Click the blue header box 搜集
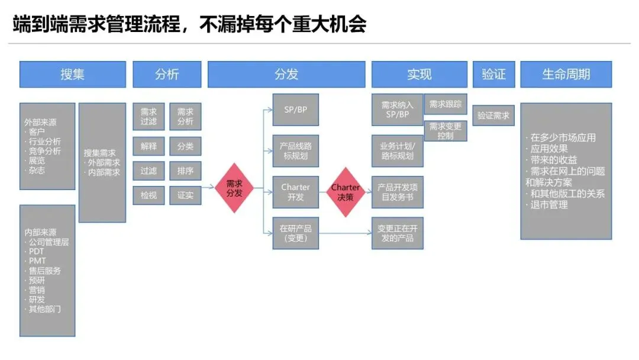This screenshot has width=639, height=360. (x=72, y=74)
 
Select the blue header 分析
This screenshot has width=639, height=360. (x=167, y=74)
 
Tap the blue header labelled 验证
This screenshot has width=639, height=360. (x=493, y=74)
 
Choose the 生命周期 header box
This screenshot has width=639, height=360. (x=566, y=74)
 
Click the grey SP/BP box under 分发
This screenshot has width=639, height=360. (x=295, y=110)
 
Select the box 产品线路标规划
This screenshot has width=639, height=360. (x=295, y=151)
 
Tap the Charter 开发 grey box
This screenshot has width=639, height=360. (x=295, y=192)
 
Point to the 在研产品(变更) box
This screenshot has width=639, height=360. (x=295, y=233)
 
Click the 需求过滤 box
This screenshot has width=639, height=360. (x=149, y=116)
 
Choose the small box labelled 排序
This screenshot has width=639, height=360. (x=185, y=171)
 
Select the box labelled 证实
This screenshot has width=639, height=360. (x=185, y=195)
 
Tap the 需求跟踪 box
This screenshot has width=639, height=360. (x=445, y=104)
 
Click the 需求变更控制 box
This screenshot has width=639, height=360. (x=445, y=130)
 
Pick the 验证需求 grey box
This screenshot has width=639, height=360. (x=493, y=115)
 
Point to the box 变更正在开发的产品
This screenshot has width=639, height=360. (x=397, y=233)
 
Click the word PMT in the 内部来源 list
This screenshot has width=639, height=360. (x=37, y=261)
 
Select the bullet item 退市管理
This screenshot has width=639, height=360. (x=550, y=205)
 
